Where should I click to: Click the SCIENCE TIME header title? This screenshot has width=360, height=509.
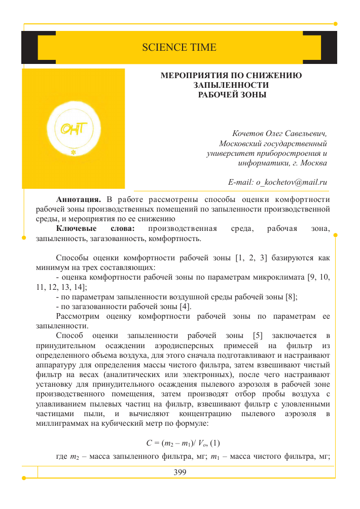[179, 48]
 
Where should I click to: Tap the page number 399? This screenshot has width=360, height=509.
[180, 472]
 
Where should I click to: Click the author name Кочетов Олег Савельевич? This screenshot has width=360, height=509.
[279, 134]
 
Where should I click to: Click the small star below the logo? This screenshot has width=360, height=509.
[74, 152]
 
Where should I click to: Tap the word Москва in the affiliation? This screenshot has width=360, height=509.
[313, 163]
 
